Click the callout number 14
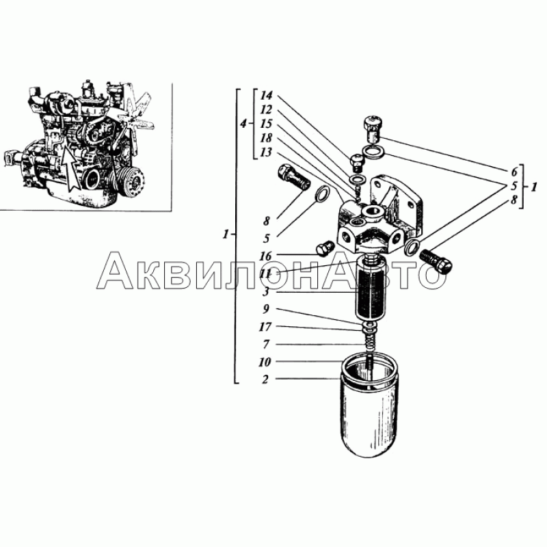[266, 96]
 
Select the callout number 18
[266, 139]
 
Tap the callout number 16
[265, 256]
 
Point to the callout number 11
[265, 274]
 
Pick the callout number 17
[265, 327]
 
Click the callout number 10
[265, 362]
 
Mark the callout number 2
[265, 379]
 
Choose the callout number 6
[513, 172]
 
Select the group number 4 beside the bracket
[244, 124]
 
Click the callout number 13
[266, 152]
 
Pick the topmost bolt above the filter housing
[373, 129]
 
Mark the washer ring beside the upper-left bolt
[323, 194]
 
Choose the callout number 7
[265, 345]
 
